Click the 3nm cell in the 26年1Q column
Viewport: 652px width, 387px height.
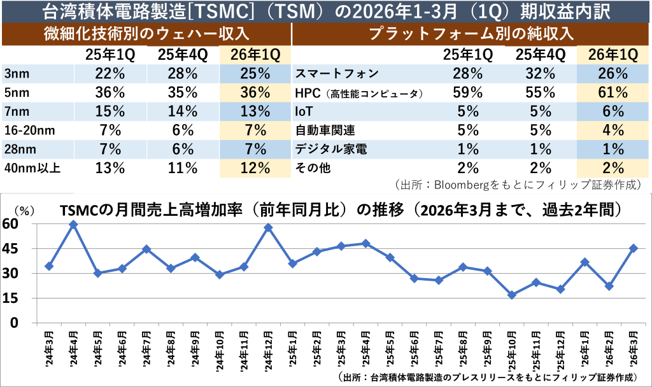pos(254,73)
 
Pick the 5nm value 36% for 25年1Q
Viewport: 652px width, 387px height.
pos(109,92)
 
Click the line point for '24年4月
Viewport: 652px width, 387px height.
pos(73,224)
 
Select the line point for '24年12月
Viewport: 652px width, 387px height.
pos(268,227)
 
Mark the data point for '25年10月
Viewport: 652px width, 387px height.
pos(512,295)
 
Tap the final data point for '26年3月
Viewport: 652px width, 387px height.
pos(634,248)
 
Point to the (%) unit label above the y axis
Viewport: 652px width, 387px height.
pos(24,209)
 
